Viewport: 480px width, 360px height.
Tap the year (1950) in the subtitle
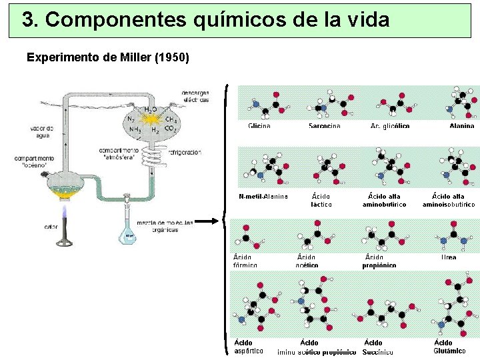tap(171, 57)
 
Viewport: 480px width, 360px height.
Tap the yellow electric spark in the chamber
tap(153, 119)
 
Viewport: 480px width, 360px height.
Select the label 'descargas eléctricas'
tap(195, 96)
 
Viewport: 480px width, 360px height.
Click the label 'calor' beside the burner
tap(51, 227)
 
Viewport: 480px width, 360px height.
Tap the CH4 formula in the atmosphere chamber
tap(170, 119)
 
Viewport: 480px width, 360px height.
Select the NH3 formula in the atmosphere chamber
tap(135, 129)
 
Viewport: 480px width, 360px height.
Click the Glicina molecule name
tap(259, 125)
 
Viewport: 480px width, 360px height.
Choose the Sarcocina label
tap(325, 125)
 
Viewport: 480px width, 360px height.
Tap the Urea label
tap(449, 257)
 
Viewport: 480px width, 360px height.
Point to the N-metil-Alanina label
tap(263, 196)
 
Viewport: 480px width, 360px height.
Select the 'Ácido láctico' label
tap(321, 200)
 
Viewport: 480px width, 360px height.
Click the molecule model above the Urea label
tap(448, 237)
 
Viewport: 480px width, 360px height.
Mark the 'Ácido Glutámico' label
tap(449, 347)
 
